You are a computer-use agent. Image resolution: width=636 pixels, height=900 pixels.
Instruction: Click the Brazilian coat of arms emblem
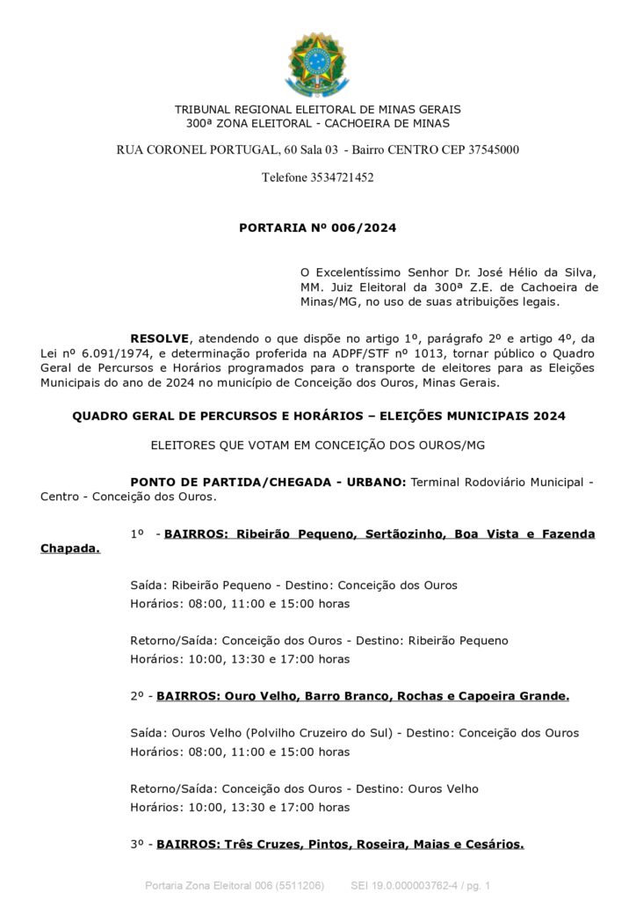(x=318, y=64)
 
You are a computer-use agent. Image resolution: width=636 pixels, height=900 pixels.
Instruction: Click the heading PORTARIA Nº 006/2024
(x=317, y=228)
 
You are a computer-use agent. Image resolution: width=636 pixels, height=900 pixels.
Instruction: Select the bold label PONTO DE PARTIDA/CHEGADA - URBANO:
(x=267, y=483)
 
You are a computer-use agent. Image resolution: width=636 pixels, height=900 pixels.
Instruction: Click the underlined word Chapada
(x=69, y=548)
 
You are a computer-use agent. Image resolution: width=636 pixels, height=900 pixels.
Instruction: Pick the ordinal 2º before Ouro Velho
(x=136, y=696)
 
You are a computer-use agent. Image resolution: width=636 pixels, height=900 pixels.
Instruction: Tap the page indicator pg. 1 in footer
(x=475, y=885)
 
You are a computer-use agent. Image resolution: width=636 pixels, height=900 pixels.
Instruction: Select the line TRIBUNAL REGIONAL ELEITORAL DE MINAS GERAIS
(x=317, y=109)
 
